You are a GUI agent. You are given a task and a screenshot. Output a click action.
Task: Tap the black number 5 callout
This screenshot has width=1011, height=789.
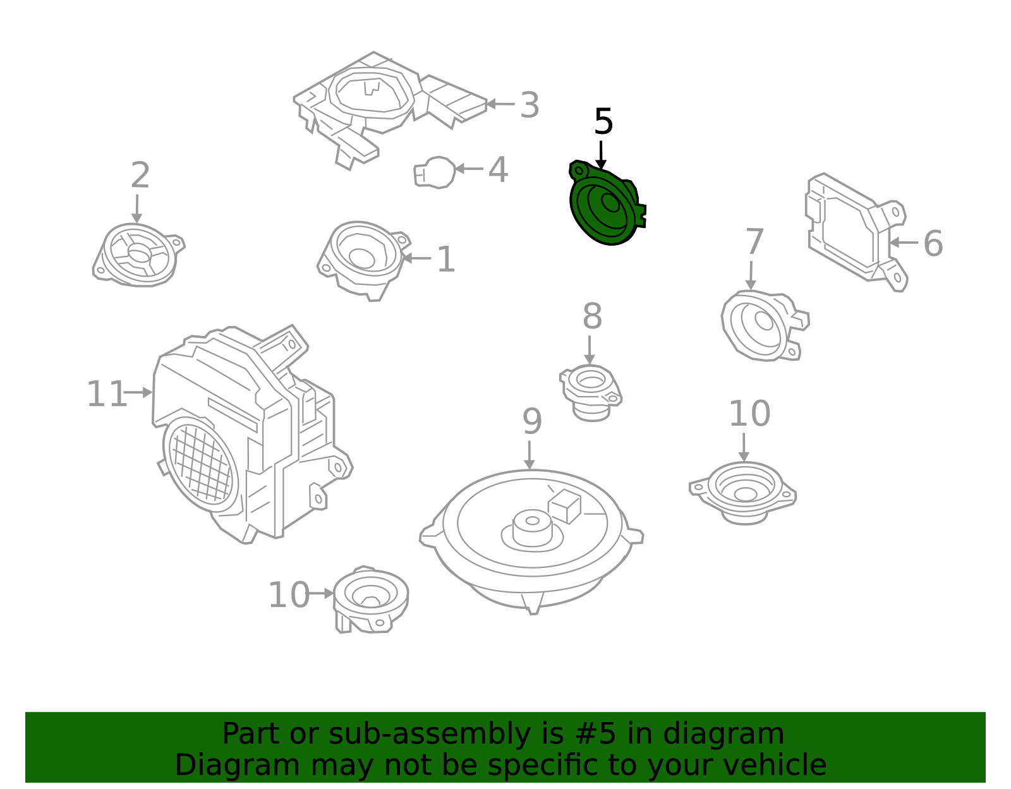603,122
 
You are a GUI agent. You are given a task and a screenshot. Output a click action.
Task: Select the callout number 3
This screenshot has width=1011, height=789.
530,105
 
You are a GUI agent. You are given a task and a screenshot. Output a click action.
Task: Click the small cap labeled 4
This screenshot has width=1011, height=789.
435,172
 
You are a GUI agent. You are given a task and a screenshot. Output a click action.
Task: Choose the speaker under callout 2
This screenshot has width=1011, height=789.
138,255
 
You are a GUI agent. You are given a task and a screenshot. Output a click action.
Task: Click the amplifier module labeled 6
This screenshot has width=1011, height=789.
853,231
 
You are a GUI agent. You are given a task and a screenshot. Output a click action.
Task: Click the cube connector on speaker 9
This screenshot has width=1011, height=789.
564,505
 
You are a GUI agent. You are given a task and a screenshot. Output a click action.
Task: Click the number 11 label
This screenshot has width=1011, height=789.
106,394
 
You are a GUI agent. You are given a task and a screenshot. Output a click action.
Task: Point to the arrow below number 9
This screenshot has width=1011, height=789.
530,455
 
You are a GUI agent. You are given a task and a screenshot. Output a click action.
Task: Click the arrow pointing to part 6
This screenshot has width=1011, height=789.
904,243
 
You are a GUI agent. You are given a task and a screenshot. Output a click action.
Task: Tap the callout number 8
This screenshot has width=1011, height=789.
592,316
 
